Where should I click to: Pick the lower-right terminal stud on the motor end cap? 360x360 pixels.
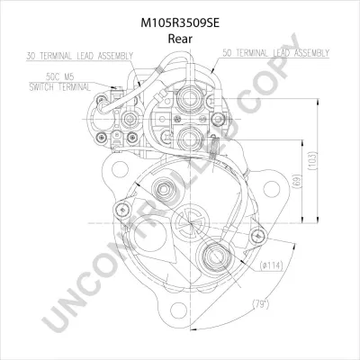[218, 261]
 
